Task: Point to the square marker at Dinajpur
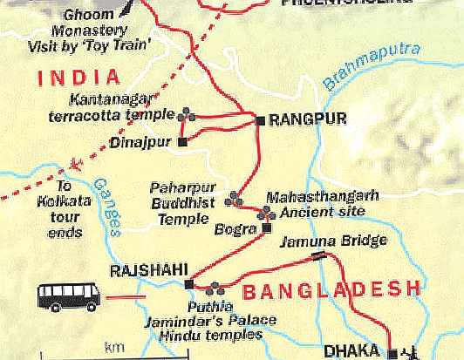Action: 181,141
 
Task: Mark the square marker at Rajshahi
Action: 188,283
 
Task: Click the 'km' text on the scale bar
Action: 114,348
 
